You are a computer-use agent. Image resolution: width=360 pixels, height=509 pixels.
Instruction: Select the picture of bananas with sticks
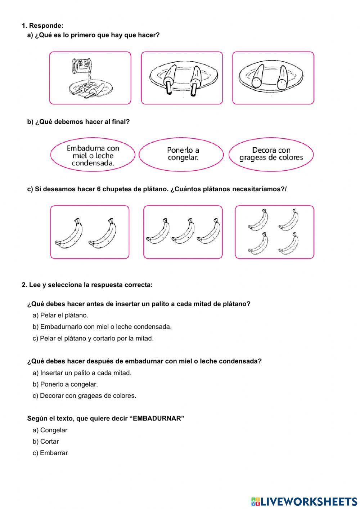[182, 78]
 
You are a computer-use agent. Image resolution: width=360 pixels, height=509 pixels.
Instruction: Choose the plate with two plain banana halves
[273, 78]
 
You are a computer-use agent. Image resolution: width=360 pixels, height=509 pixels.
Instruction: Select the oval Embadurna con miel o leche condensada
[93, 155]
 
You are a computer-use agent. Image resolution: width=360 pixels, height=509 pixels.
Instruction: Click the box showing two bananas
[90, 232]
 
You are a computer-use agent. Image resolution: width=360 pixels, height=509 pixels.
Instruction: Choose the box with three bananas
[183, 232]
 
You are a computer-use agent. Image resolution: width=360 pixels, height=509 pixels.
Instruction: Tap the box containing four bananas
[274, 232]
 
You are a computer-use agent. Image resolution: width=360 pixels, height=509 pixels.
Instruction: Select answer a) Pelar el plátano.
[60, 316]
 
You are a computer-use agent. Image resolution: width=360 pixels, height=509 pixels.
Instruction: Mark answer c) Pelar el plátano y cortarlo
[93, 339]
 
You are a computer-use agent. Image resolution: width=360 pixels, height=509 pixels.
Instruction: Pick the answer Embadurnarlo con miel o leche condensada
[102, 327]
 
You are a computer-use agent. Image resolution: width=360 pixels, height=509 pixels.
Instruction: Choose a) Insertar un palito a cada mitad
[82, 373]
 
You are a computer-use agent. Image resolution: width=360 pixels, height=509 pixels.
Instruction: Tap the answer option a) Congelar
[50, 430]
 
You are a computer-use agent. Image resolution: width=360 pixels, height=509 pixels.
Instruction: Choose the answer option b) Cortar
[46, 442]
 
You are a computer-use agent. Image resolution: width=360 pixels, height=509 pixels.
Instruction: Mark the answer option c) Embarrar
[50, 453]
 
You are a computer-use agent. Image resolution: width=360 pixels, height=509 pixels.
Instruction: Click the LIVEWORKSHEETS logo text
[309, 501]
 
